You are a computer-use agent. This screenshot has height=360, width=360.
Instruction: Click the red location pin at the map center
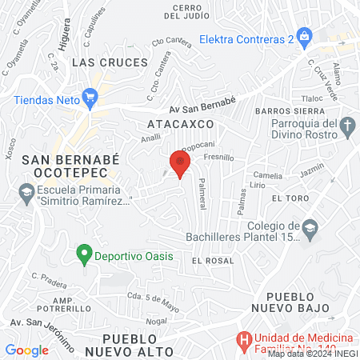(x=180, y=164)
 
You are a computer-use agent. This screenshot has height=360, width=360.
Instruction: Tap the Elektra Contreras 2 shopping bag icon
(x=305, y=37)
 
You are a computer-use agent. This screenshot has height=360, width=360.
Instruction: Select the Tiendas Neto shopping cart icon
(x=90, y=100)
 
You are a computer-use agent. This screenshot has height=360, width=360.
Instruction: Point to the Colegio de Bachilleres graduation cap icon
(x=309, y=231)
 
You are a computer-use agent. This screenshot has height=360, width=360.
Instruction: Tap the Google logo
(x=26, y=350)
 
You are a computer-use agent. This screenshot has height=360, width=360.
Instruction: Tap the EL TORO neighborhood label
(x=289, y=198)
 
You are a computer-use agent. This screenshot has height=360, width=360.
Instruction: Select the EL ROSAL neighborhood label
(x=213, y=261)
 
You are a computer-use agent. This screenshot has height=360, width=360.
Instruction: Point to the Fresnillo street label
(x=218, y=158)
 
